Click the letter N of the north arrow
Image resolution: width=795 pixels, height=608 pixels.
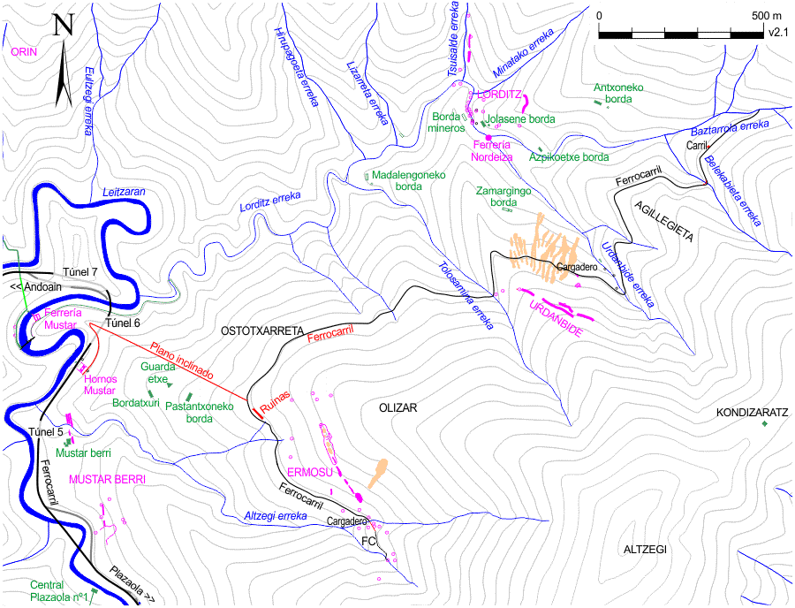pyautogui.click(x=63, y=26)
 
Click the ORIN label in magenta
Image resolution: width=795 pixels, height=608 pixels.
pyautogui.click(x=24, y=52)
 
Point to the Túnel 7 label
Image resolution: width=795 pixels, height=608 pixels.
pyautogui.click(x=80, y=272)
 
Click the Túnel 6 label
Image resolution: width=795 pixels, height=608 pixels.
pyautogui.click(x=123, y=323)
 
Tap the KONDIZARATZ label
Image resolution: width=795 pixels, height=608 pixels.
pyautogui.click(x=752, y=413)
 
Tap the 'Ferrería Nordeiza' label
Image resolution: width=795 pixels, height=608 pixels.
pyautogui.click(x=493, y=151)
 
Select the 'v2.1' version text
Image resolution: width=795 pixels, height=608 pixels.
pyautogui.click(x=777, y=31)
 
